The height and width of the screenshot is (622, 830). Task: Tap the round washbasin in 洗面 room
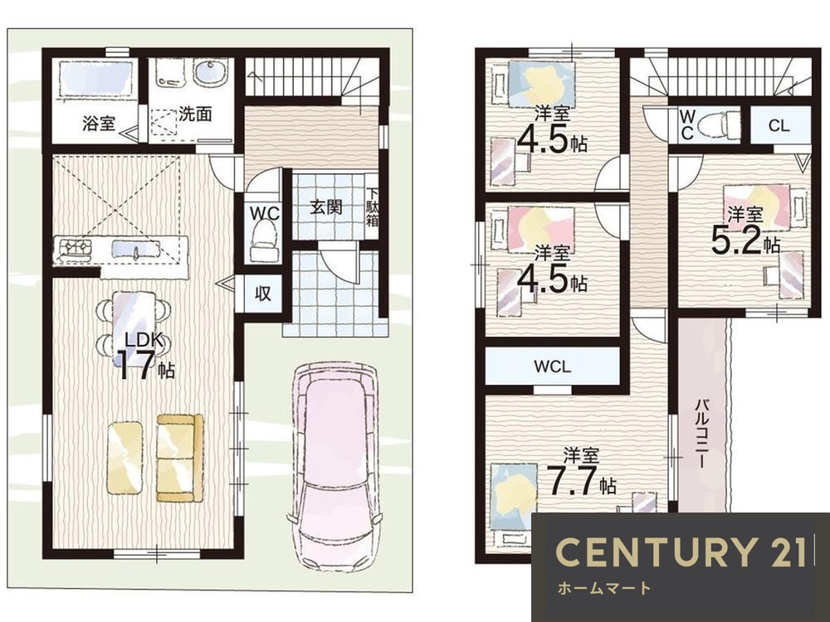(211, 73)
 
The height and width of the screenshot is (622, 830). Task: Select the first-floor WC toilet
(264, 239)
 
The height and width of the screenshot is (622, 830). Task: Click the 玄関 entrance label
(325, 207)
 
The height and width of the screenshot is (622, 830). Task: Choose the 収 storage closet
(263, 294)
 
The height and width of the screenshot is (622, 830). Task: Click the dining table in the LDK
(134, 323)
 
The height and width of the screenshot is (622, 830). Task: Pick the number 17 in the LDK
(137, 365)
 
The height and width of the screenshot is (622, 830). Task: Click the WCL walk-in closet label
(552, 367)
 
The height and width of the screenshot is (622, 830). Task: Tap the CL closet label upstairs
(779, 126)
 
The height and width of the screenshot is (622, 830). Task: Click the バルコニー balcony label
(702, 434)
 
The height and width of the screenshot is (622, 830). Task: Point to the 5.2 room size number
(735, 241)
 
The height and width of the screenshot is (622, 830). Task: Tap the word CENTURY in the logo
(657, 552)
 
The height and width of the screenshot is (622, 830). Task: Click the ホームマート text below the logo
(604, 588)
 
